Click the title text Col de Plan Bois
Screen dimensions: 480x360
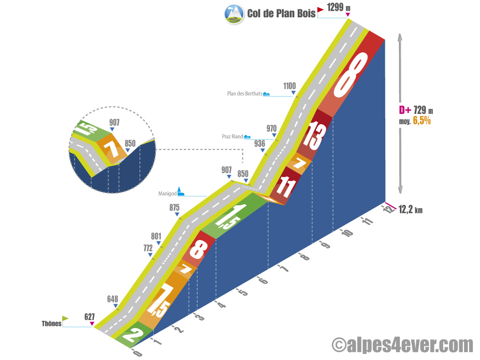pos(281,14)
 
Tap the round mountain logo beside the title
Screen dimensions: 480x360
pos(234,14)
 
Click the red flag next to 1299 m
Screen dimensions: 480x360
pos(320,10)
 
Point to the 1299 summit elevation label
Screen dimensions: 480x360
pos(335,7)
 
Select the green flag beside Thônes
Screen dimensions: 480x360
pos(65,318)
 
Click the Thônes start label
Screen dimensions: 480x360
pos(52,323)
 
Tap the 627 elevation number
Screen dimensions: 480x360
pos(90,316)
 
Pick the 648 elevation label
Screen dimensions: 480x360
pos(112,299)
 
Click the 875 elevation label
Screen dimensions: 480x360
pos(174,208)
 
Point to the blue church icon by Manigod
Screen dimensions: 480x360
pos(180,191)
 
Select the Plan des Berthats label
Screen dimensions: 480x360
pos(245,94)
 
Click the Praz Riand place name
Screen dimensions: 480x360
pos(232,136)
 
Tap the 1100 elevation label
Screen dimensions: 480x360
pos(290,86)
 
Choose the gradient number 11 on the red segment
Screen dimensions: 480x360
pos(286,187)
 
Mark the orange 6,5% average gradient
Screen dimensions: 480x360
pos(422,120)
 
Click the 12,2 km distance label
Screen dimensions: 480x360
pos(411,210)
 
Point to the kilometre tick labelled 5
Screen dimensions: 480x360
pos(243,292)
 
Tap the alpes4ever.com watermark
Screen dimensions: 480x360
pos(403,345)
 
